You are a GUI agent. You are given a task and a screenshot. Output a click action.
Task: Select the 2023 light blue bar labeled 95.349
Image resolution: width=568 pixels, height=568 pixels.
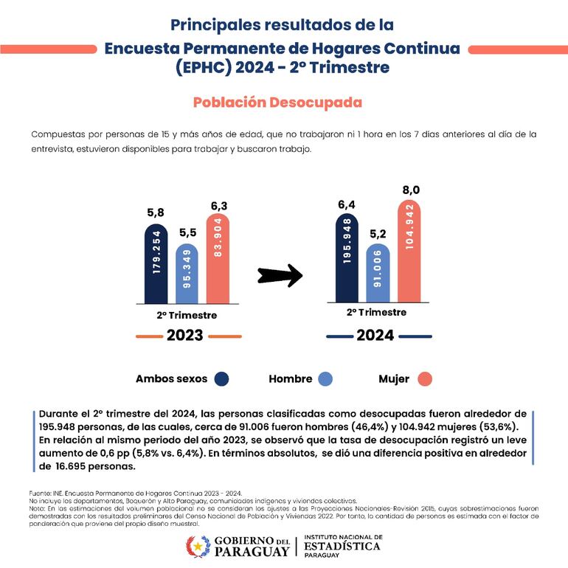(187, 274)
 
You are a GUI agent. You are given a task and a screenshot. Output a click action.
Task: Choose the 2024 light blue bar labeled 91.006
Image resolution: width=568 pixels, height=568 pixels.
(378, 272)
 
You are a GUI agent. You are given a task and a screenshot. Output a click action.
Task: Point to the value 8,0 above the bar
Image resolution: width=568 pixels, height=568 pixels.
(411, 190)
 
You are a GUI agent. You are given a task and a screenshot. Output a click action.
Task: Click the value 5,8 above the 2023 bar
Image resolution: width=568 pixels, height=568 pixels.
(156, 213)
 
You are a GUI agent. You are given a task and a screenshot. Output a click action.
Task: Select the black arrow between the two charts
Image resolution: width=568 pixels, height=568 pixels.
(280, 276)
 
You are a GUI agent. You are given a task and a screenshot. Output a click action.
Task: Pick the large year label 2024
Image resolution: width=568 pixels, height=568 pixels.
(375, 336)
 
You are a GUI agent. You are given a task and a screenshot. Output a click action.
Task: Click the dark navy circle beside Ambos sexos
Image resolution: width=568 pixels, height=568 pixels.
(221, 379)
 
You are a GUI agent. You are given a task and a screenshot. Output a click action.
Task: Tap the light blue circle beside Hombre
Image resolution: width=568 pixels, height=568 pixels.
(325, 379)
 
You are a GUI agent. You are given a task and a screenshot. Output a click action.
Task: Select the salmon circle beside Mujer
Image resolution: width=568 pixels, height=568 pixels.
(423, 379)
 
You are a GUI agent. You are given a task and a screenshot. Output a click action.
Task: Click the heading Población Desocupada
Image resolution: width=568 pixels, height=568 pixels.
(277, 102)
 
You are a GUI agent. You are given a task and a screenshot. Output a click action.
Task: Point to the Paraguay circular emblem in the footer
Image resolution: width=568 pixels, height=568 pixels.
(196, 547)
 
